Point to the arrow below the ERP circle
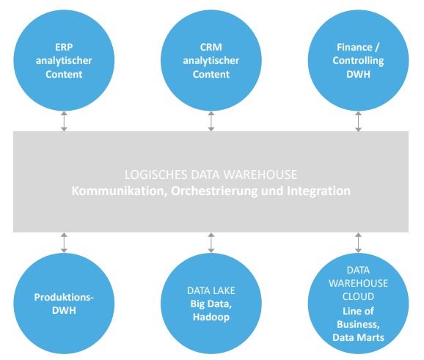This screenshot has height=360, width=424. pos(64,120)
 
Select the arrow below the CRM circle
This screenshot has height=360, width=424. pos(211,120)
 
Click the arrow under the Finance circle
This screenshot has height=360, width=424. pos(358,120)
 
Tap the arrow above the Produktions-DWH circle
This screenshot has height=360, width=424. pos(64,241)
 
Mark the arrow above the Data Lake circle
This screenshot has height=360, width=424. pos(211,241)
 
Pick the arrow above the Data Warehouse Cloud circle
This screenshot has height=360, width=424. pos(358,241)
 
